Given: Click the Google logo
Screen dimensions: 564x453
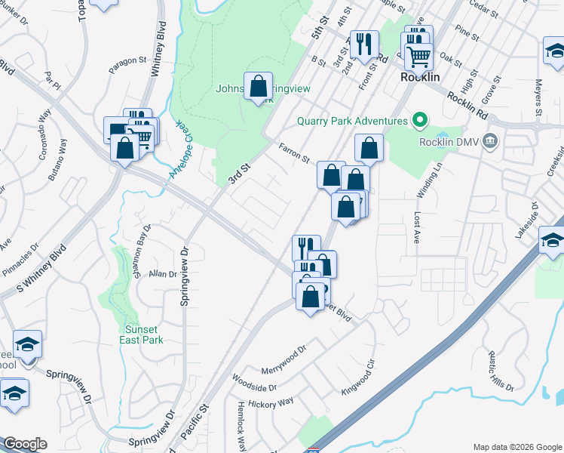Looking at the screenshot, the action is [x=24, y=444].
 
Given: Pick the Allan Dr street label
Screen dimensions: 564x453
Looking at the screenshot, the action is [x=162, y=274].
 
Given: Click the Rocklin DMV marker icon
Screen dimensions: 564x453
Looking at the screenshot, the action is [x=490, y=140].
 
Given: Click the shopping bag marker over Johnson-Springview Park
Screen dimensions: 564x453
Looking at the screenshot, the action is [x=258, y=86].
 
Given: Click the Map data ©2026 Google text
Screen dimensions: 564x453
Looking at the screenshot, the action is [x=516, y=447].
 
